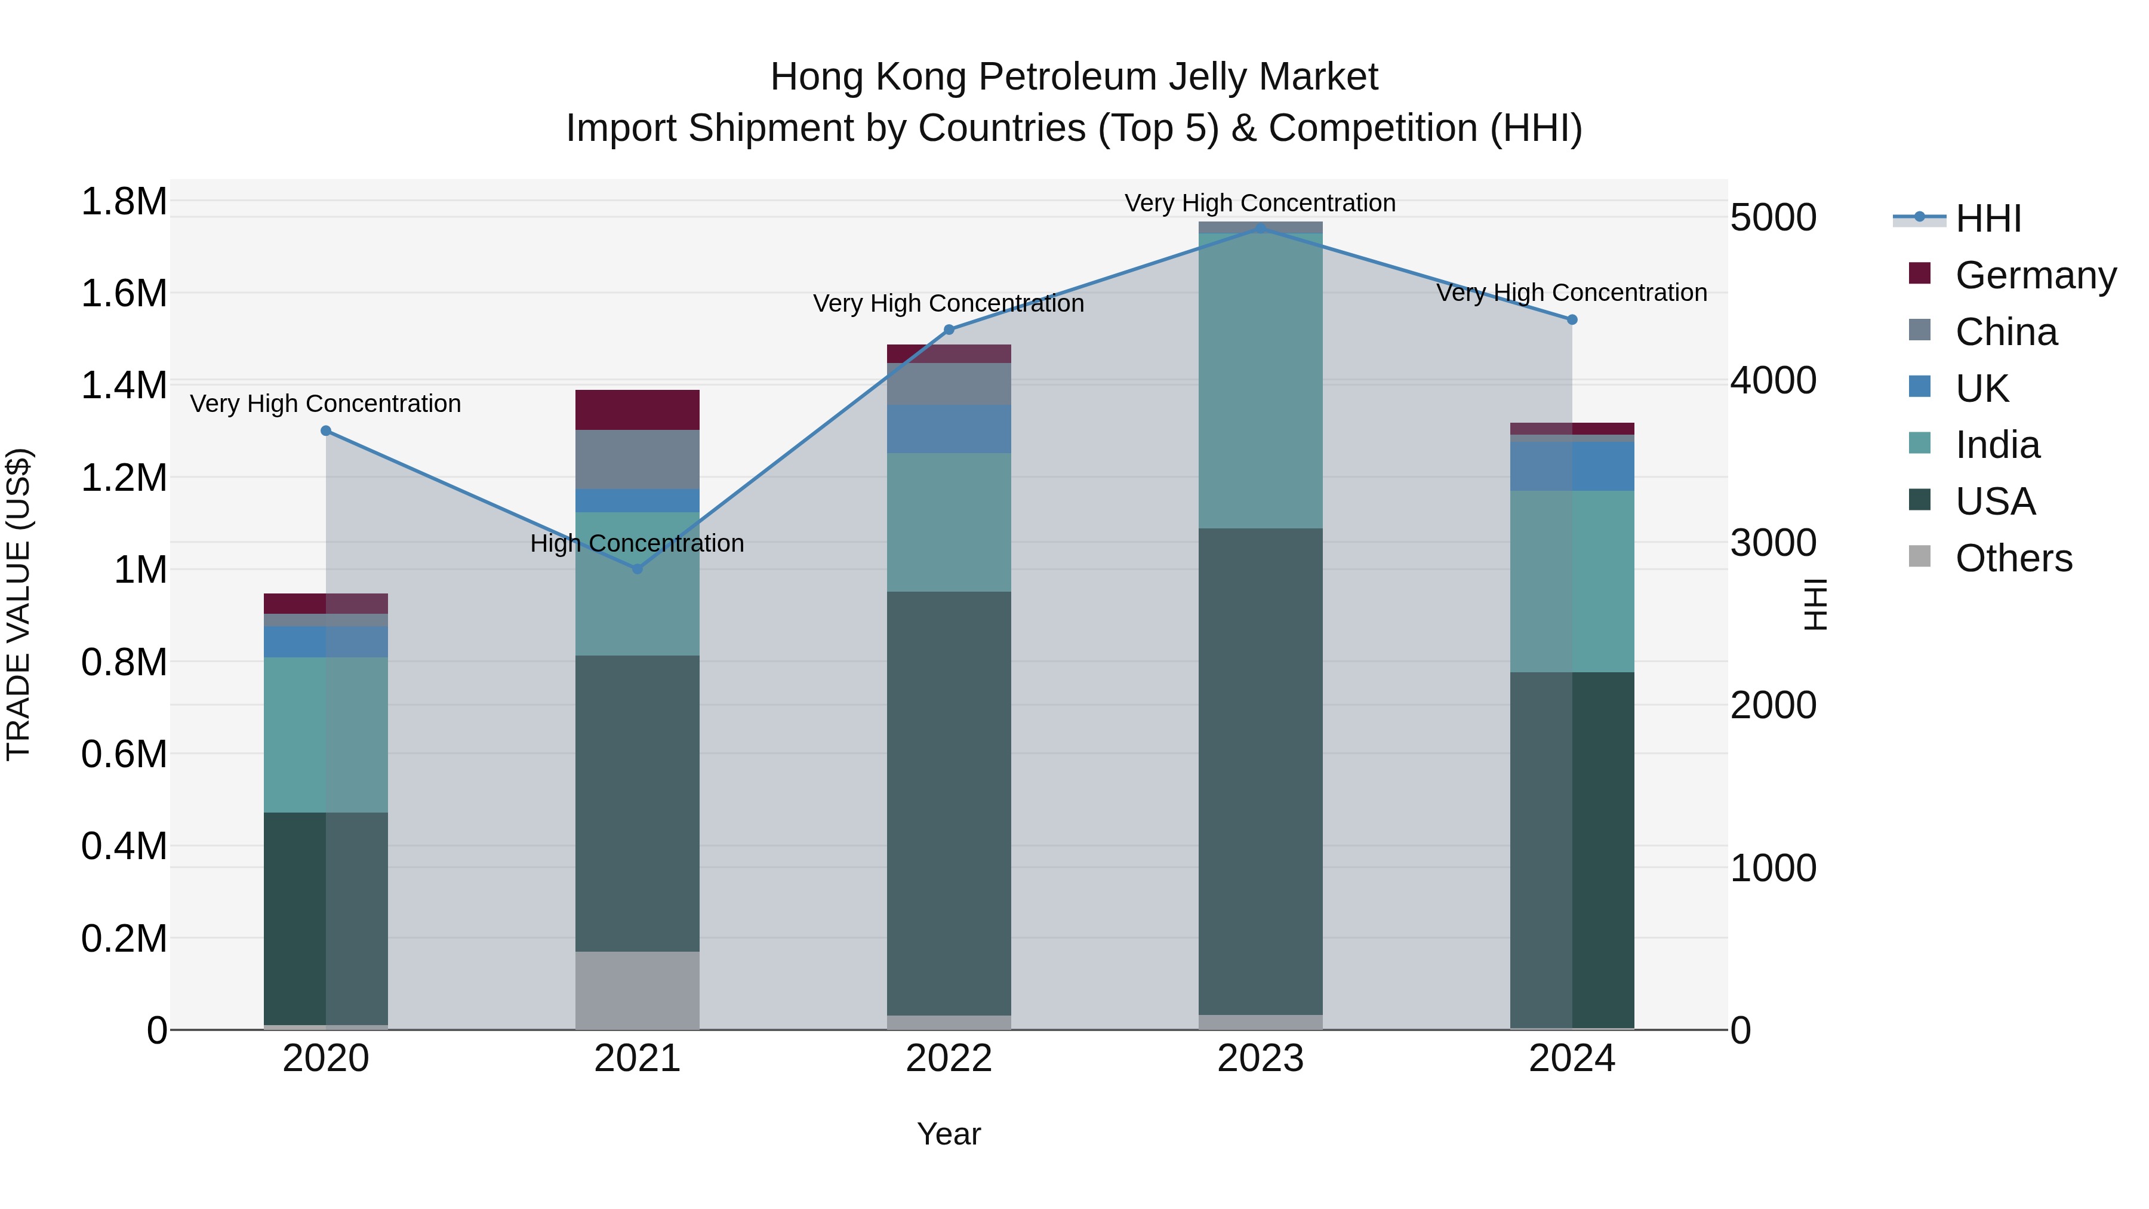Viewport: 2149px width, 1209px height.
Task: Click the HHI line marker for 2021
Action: (638, 569)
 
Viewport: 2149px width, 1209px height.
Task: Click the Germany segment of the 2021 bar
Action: (638, 410)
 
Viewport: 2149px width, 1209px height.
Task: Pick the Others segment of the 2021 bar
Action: (638, 990)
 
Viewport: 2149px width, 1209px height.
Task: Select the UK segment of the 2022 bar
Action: (949, 429)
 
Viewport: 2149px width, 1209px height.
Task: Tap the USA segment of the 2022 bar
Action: (949, 802)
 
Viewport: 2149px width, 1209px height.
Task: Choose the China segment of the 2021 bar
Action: (638, 460)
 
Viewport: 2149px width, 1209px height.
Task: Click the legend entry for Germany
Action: (2035, 275)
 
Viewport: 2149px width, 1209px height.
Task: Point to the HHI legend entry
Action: (1987, 219)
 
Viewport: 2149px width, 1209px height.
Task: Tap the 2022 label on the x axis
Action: (949, 1059)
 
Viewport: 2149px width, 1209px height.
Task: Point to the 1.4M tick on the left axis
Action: (124, 386)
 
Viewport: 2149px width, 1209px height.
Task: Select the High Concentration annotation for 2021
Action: (638, 543)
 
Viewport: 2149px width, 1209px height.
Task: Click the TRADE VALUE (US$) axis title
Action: (19, 604)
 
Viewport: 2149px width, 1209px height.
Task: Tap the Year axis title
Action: (949, 1134)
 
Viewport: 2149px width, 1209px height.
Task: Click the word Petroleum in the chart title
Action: (1066, 77)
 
